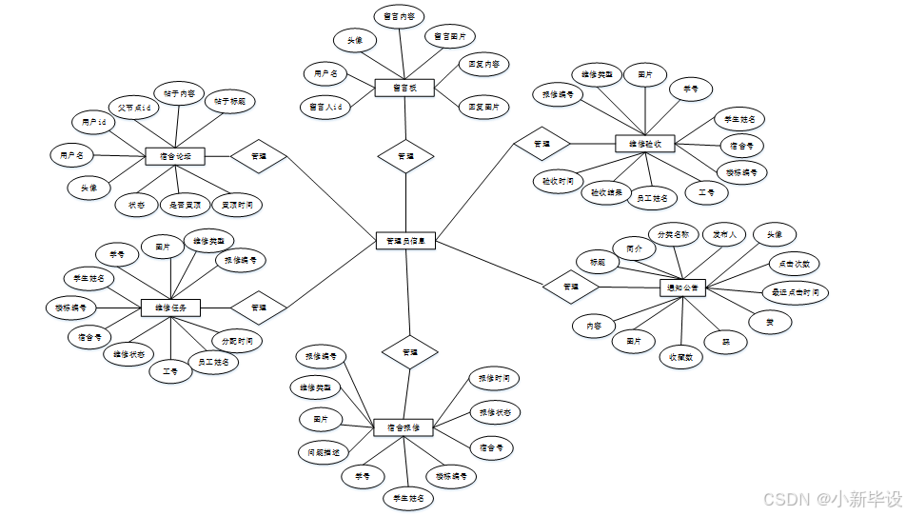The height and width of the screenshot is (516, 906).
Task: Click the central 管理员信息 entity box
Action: coord(406,242)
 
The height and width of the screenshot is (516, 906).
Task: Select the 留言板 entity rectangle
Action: coord(404,88)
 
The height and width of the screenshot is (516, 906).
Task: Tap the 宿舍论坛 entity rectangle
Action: coord(175,156)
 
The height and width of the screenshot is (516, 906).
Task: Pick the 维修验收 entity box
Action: coord(644,145)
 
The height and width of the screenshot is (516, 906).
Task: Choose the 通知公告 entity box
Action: coord(684,287)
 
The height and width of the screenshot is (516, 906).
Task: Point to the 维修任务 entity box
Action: coord(170,308)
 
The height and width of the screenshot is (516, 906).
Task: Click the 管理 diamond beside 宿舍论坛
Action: coord(259,156)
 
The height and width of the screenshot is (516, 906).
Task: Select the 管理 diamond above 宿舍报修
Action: coord(409,352)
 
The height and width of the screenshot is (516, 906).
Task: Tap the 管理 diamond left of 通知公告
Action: coord(570,286)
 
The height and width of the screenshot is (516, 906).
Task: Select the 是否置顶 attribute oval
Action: coord(185,204)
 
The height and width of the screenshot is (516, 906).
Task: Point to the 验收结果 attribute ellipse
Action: coord(606,191)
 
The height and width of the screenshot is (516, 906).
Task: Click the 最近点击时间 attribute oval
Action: coord(795,291)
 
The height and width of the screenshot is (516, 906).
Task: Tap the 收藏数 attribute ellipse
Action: coord(679,357)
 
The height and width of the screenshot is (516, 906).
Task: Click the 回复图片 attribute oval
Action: coord(483,108)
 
